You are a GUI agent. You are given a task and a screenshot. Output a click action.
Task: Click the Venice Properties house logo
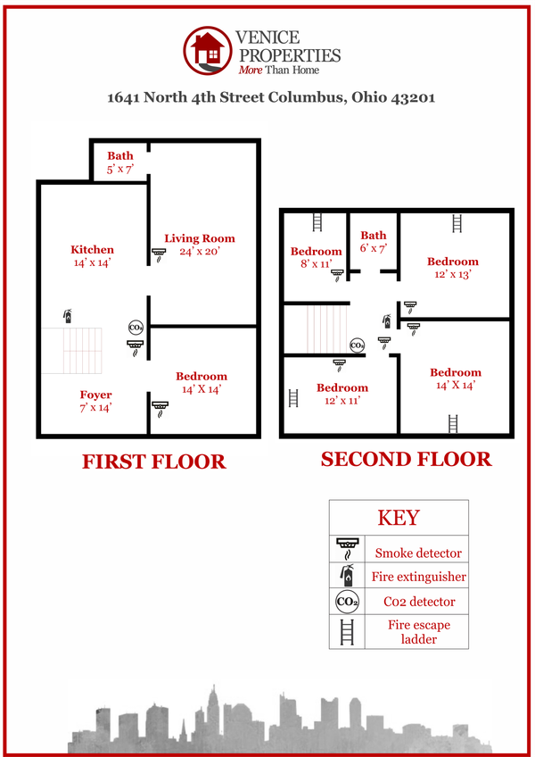click(208, 50)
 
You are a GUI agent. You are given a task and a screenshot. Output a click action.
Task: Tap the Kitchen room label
click(92, 256)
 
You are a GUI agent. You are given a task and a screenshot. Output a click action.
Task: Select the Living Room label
click(200, 245)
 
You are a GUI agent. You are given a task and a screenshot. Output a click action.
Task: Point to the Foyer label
click(95, 401)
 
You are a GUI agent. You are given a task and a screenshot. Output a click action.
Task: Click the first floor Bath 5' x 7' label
click(120, 162)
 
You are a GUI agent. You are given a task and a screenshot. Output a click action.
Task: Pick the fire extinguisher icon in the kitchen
click(68, 316)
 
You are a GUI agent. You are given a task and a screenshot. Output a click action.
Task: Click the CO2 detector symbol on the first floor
click(136, 328)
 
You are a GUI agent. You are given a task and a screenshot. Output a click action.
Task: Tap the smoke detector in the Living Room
click(159, 255)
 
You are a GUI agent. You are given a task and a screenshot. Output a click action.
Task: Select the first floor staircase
click(71, 351)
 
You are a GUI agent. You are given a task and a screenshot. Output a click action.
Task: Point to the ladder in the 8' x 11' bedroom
click(317, 222)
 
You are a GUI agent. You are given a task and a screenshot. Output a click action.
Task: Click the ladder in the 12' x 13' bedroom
click(457, 223)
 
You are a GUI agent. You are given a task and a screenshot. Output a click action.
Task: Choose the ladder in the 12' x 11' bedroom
click(293, 398)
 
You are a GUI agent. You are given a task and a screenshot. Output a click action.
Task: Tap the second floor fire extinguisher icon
click(387, 321)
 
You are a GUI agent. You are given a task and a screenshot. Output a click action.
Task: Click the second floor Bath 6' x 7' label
click(374, 241)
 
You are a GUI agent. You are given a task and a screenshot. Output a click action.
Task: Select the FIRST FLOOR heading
click(154, 462)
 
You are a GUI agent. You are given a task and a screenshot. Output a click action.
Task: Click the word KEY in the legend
click(399, 518)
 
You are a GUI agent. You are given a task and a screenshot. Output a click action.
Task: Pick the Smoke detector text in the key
click(418, 553)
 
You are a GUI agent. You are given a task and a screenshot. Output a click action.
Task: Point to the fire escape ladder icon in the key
click(347, 632)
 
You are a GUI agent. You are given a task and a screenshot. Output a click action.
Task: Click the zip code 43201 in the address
click(413, 97)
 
